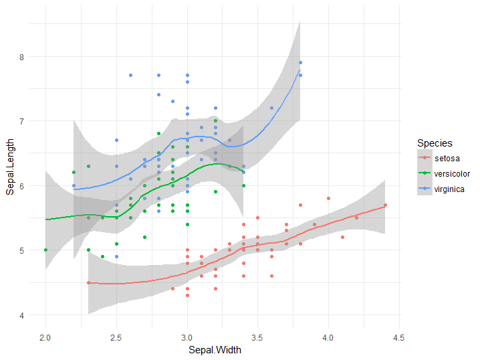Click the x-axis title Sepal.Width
(214, 349)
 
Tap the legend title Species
(435, 143)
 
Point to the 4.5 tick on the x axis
(398, 335)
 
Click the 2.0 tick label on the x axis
(45, 335)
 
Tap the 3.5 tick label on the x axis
(257, 335)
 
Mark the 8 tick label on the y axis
(21, 57)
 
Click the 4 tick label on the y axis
(21, 315)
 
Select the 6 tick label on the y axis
(21, 186)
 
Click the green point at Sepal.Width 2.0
(45, 250)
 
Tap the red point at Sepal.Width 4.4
(385, 205)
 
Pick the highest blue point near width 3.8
(300, 63)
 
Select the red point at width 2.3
(88, 282)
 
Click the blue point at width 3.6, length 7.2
(272, 108)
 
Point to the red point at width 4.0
(328, 199)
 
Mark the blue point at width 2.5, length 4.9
(116, 256)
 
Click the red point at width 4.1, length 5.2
(342, 237)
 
